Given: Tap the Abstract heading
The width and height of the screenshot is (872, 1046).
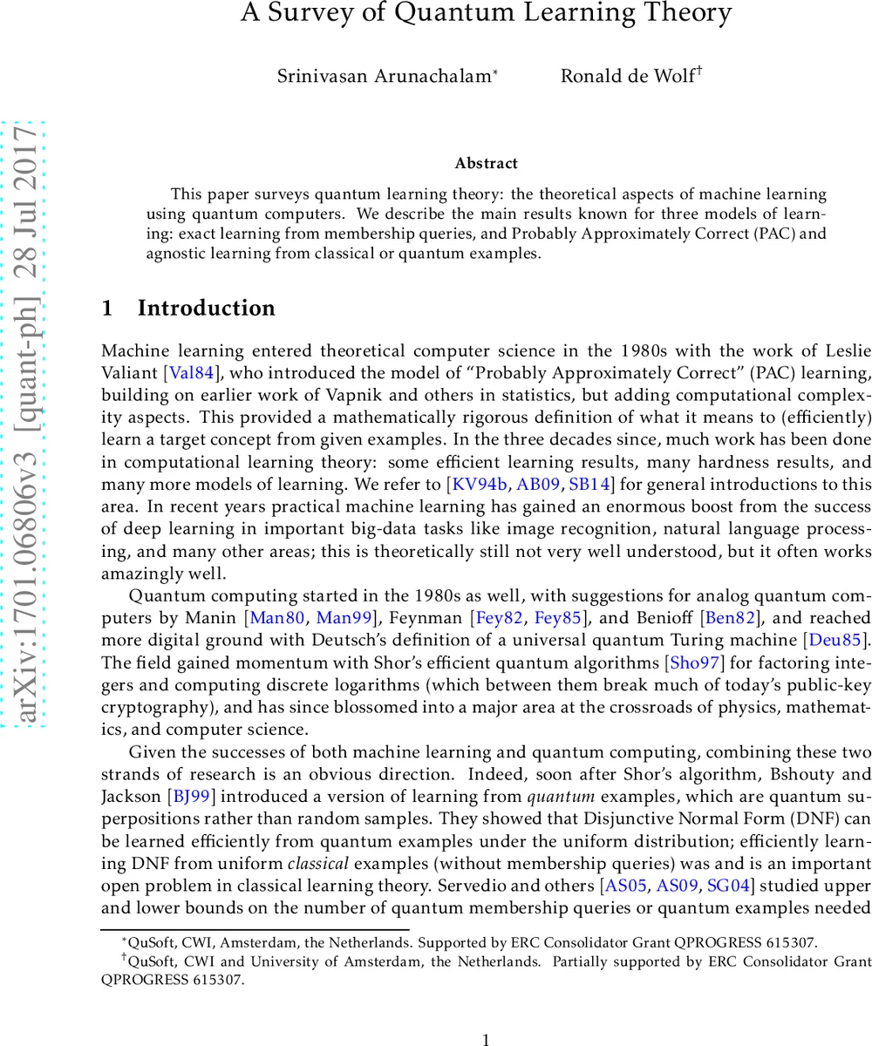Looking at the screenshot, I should [486, 163].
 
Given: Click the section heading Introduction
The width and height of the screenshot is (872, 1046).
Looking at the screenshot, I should [206, 309].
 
